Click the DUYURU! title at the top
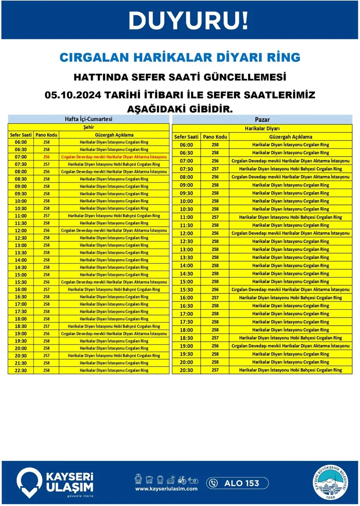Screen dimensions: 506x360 click(189, 20)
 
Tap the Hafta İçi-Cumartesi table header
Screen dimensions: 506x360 click(88, 119)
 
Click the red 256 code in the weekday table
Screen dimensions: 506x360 click(47, 157)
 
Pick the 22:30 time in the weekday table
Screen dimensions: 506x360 click(21, 370)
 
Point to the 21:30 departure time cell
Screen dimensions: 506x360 click(21, 363)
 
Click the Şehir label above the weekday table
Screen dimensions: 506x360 click(88, 128)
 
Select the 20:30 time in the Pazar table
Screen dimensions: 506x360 click(186, 370)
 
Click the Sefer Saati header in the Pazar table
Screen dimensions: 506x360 click(186, 137)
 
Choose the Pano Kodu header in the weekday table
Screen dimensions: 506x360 click(47, 135)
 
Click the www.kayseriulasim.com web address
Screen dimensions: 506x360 click(167, 489)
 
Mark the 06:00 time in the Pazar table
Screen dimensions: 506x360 click(186, 145)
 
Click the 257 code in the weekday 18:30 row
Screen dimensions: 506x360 click(47, 326)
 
